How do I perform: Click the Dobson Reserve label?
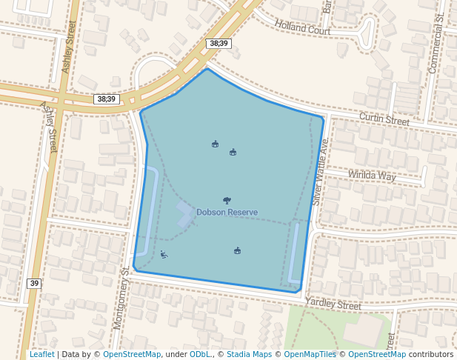227,213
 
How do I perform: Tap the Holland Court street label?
301,28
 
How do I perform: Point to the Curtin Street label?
384,119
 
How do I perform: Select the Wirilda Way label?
372,176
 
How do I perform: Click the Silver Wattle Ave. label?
320,171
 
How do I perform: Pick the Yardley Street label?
333,304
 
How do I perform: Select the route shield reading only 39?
34,284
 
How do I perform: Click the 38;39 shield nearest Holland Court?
219,44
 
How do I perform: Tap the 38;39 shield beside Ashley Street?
107,99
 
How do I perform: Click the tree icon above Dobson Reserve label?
227,200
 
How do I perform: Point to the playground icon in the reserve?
164,256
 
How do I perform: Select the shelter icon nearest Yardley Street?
237,250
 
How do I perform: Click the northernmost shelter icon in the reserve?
215,144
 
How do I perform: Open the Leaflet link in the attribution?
41,354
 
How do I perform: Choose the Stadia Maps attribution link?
248,354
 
